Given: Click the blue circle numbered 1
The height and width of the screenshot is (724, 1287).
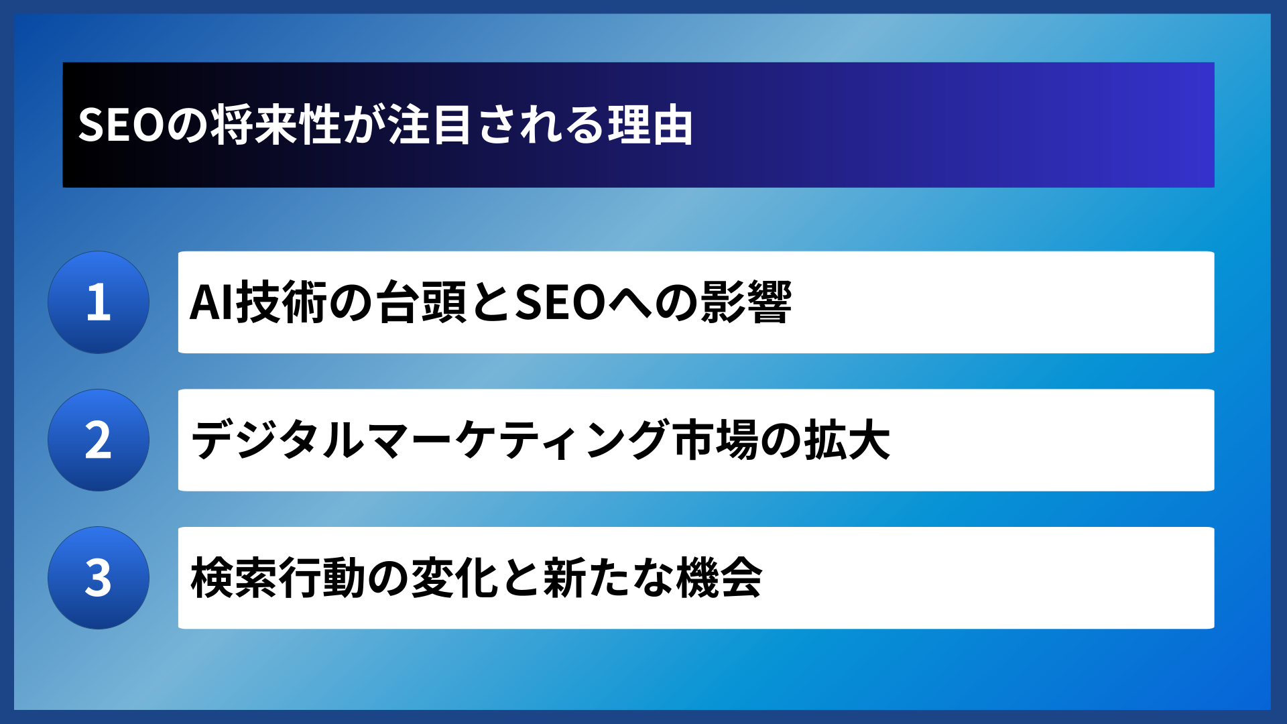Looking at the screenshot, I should [99, 302].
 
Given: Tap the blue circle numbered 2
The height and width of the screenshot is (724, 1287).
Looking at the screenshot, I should [99, 440].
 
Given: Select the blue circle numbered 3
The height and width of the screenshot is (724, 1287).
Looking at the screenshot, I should [99, 578].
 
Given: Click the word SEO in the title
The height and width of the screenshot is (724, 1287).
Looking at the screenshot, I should [121, 125].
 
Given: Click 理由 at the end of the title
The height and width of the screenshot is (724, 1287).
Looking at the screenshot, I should [650, 125].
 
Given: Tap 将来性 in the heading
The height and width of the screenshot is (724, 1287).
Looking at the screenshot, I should [277, 125].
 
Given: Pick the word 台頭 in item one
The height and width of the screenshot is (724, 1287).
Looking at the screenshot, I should [420, 303].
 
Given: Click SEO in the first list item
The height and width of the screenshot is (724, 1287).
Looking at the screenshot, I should [560, 303].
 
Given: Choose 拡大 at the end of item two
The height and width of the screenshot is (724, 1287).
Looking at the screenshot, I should [847, 440].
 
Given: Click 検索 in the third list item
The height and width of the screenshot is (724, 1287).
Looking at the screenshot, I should [233, 578].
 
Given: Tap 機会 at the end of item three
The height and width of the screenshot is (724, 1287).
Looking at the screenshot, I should [719, 578].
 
